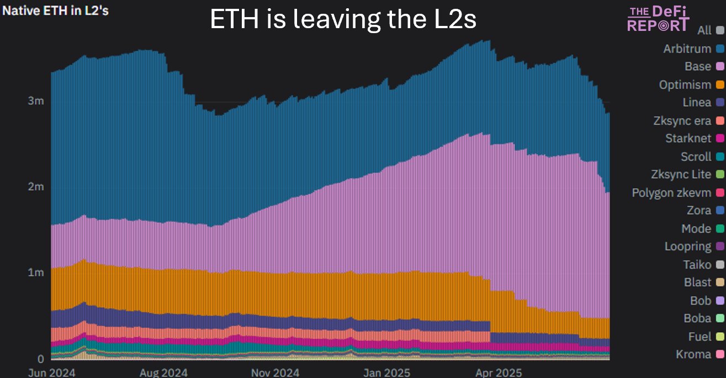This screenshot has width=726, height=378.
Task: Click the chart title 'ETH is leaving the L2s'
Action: pyautogui.click(x=343, y=20)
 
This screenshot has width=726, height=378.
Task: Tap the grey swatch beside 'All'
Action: pyautogui.click(x=719, y=30)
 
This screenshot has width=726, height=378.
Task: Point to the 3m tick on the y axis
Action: pyautogui.click(x=36, y=102)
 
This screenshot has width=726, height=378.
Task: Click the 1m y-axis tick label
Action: pyautogui.click(x=36, y=273)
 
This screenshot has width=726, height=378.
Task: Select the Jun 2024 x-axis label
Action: pyautogui.click(x=51, y=373)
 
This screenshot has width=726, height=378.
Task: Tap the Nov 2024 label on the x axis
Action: pyautogui.click(x=275, y=373)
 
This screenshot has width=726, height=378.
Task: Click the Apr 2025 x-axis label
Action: pyautogui.click(x=500, y=373)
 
